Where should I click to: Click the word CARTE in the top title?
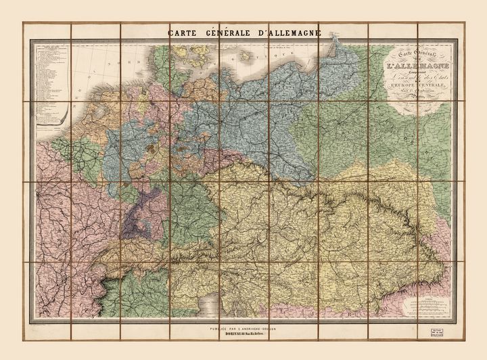(x=183, y=32)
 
